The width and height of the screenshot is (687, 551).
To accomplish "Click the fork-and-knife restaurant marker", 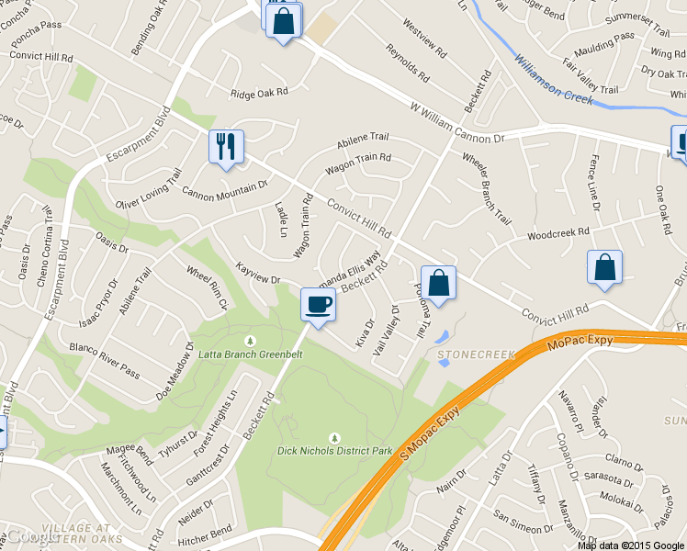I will click(225, 147).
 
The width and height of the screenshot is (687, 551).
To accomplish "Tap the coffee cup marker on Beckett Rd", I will click(318, 304).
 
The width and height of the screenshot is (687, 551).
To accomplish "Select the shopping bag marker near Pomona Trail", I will click(438, 283).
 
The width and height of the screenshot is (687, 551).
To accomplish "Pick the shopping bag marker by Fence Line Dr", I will click(604, 267).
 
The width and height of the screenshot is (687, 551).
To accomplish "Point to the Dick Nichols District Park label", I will click(334, 451).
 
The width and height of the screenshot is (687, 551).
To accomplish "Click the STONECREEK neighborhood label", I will click(473, 354).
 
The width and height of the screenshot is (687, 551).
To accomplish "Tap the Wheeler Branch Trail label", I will click(486, 187).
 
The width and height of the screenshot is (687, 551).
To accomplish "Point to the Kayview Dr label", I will click(257, 273).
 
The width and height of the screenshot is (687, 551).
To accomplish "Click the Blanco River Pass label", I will click(105, 360).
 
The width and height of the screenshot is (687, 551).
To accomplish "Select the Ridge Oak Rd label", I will click(259, 92).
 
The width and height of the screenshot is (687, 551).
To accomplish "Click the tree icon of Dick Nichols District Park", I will click(334, 436).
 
